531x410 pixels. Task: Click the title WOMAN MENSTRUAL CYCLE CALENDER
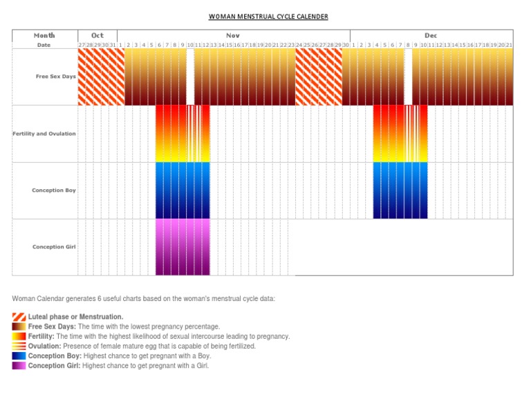268,17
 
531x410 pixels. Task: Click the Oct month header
97,35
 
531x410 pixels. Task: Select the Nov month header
233,35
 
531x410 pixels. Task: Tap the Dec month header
431,35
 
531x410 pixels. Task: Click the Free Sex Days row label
55,77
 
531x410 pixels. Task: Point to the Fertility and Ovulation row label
44,134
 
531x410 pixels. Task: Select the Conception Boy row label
54,191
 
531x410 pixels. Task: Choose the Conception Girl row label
54,247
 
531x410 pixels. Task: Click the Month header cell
44,35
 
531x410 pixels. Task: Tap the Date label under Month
44,45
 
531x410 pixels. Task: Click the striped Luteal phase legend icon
19,317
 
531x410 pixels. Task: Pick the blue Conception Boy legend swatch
19,356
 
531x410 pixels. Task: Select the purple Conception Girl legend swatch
19,366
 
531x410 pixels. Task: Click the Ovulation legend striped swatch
19,346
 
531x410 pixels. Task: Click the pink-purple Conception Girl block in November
183,247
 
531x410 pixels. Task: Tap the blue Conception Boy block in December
400,191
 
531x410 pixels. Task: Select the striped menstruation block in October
101,77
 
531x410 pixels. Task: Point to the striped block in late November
319,77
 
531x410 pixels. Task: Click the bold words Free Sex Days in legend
52,326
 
